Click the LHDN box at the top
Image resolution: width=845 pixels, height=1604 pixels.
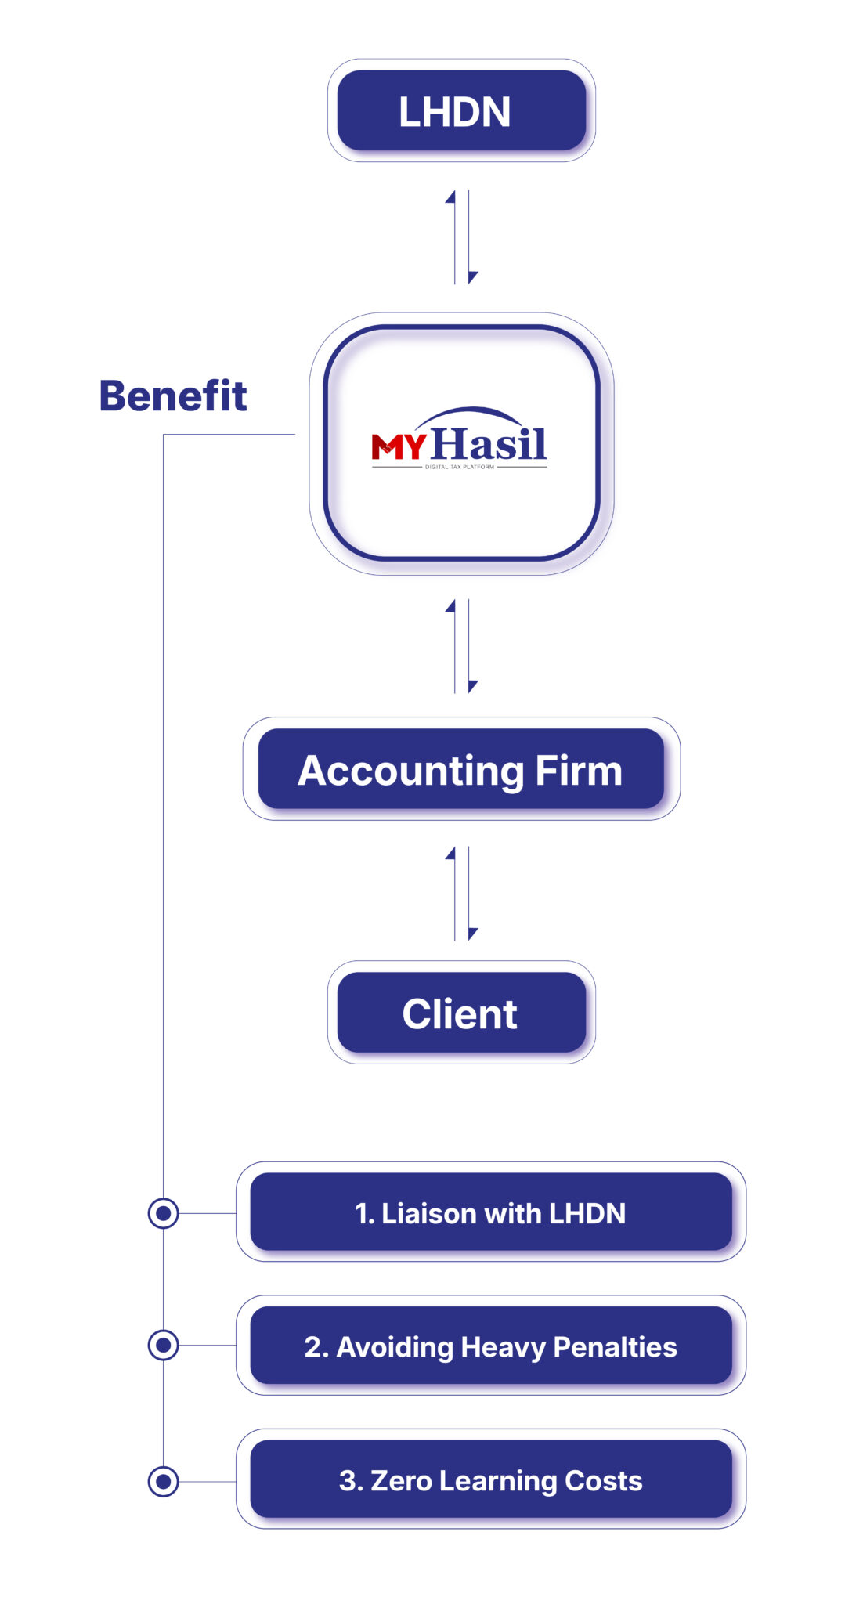pos(461,110)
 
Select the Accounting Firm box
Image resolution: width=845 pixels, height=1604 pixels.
pos(461,769)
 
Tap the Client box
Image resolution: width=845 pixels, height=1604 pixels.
pos(461,1013)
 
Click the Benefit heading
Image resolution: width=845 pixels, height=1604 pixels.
pos(173,396)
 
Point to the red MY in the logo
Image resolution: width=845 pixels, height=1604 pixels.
pos(399,446)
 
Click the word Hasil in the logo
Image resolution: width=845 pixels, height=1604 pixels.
pos(489,443)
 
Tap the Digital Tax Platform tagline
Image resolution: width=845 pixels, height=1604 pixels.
pos(460,467)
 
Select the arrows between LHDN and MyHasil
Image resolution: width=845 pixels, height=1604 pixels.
pos(462,237)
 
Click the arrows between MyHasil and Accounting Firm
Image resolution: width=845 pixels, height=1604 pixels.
pos(462,646)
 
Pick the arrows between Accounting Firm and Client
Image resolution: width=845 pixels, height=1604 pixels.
pos(462,893)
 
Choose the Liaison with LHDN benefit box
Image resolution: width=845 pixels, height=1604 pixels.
pos(491,1212)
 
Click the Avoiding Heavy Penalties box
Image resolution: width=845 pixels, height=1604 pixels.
pos(491,1346)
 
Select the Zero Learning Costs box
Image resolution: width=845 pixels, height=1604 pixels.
pos(491,1479)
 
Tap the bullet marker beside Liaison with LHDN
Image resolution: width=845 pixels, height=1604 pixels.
pos(163,1213)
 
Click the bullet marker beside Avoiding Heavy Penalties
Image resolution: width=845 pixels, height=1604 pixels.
pos(163,1346)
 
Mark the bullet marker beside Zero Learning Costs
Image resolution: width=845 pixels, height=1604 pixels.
pos(163,1481)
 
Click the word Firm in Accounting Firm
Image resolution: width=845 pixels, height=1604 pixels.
pos(579,771)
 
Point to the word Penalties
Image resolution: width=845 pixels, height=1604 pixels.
pos(615,1347)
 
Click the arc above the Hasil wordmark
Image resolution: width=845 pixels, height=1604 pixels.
pos(473,411)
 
